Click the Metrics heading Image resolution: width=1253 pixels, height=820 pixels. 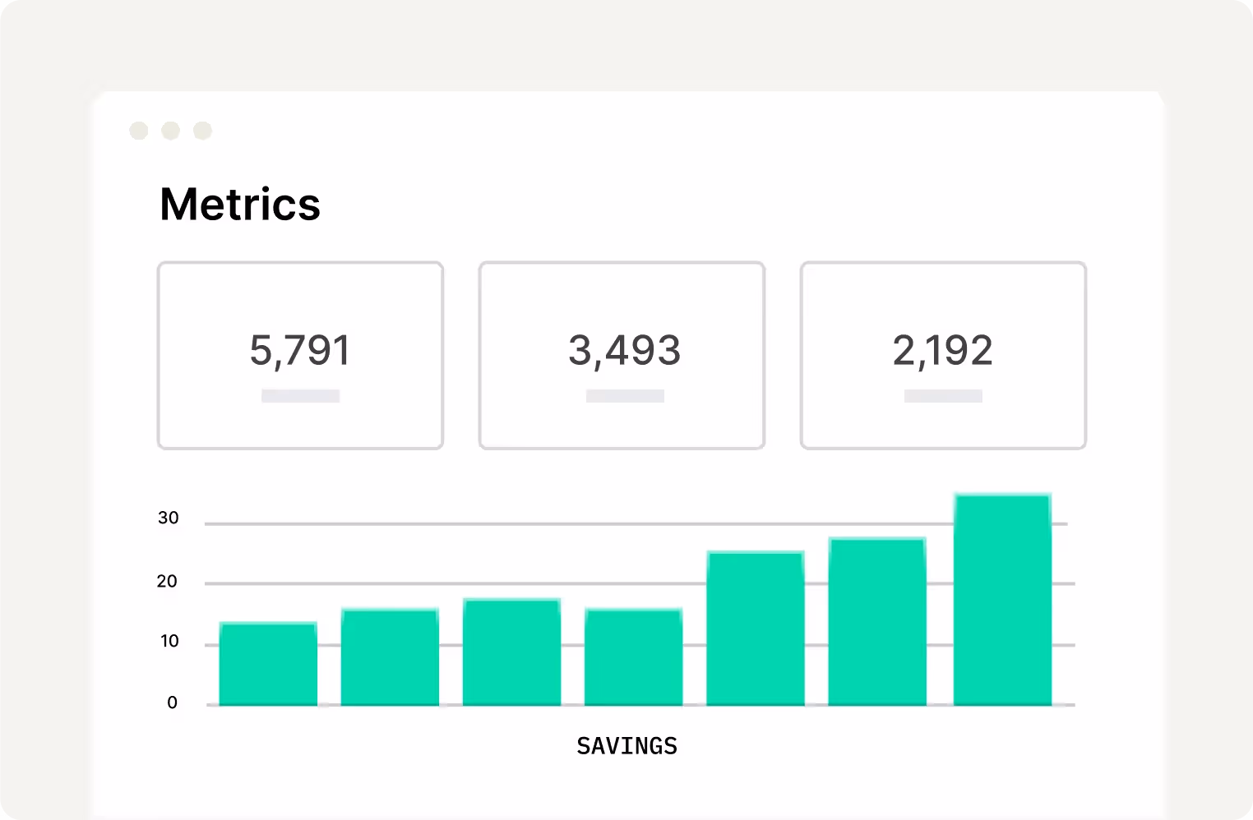239,205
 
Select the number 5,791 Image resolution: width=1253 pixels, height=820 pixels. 300,351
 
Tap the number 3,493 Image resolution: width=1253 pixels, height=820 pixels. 624,351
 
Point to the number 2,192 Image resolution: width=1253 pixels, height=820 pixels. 942,351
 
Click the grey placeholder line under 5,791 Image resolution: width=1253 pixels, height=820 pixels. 300,396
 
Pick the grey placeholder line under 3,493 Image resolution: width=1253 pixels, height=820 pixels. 625,396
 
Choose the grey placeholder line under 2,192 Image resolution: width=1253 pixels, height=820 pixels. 943,396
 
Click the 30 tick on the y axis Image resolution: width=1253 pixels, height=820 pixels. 169,518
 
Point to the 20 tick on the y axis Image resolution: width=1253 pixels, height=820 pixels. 167,582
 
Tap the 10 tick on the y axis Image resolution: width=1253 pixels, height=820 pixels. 169,642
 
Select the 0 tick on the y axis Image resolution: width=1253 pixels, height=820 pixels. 172,703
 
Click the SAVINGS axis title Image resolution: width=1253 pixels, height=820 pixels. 626,746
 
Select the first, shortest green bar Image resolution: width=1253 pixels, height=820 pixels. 268,664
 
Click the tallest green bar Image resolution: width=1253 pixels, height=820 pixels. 1002,600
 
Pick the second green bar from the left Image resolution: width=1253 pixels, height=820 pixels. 390,657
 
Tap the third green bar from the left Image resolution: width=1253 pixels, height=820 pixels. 511,652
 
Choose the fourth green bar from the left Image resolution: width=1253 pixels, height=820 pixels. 633,657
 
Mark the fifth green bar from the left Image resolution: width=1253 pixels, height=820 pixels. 755,629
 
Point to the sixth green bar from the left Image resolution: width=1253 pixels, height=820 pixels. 876,622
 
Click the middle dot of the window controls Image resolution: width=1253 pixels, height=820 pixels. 170,131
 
